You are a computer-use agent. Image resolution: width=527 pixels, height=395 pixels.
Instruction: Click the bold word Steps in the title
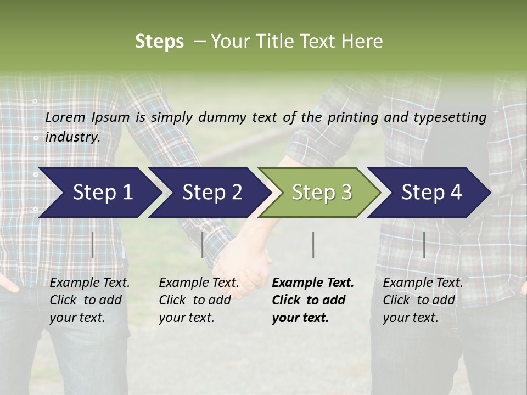point(159,42)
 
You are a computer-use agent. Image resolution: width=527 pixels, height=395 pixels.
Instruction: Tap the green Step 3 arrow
point(322,193)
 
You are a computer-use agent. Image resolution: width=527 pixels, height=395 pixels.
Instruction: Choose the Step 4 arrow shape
point(431,193)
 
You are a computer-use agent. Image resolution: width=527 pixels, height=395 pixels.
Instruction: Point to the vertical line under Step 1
point(93,245)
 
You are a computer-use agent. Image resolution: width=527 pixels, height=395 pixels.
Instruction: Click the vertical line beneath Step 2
point(203,245)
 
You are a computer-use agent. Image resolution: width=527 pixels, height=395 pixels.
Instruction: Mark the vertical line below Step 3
point(313,245)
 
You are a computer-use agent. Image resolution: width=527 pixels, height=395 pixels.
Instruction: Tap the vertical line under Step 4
point(424,245)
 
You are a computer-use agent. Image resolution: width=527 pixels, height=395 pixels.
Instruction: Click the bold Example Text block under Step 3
point(313,300)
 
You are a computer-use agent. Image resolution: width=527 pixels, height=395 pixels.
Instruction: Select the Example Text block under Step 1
point(89,300)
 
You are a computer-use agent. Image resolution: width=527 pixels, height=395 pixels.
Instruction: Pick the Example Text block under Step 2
point(199,300)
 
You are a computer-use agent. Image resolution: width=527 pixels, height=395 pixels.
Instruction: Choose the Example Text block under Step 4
point(423,300)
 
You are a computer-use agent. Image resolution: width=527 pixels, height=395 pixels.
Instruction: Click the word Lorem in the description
point(65,117)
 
